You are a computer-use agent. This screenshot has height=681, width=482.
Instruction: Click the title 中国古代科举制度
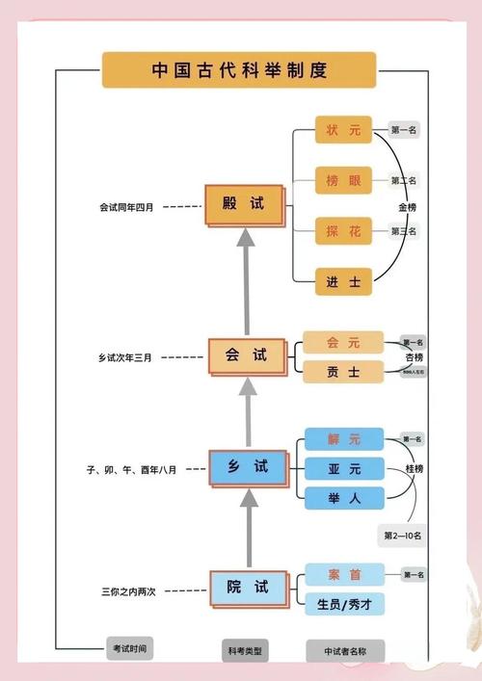(x=240, y=70)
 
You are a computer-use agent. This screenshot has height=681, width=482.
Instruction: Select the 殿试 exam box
(x=246, y=205)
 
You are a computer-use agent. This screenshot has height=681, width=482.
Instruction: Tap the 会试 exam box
(x=248, y=355)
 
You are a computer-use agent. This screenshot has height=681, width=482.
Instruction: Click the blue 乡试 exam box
(x=248, y=467)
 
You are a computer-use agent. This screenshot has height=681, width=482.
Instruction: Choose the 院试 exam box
(x=248, y=587)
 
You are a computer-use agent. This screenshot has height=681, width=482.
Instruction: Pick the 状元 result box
(x=343, y=129)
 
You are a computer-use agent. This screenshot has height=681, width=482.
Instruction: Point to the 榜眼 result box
(x=343, y=180)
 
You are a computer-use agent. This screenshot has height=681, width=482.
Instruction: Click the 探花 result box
(x=343, y=231)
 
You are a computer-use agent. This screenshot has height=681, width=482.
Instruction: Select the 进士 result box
(x=343, y=281)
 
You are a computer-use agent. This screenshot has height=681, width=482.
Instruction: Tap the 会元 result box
(x=343, y=343)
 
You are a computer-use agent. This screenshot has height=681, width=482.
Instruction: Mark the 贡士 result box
(x=343, y=370)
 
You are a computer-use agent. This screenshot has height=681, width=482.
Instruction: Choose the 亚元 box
(x=343, y=469)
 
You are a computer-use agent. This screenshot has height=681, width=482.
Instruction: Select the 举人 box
(x=343, y=497)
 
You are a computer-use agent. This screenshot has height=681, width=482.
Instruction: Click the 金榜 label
(x=408, y=207)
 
